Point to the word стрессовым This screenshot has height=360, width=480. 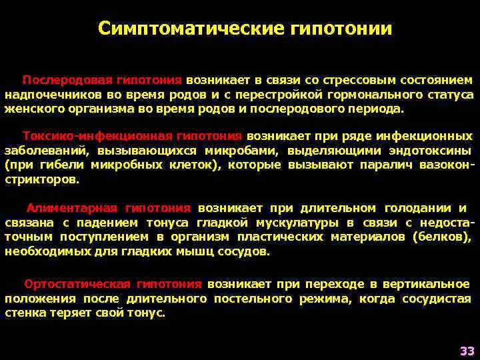[341, 80]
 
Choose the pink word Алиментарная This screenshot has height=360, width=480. [72, 208]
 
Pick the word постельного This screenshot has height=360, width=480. [253, 299]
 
